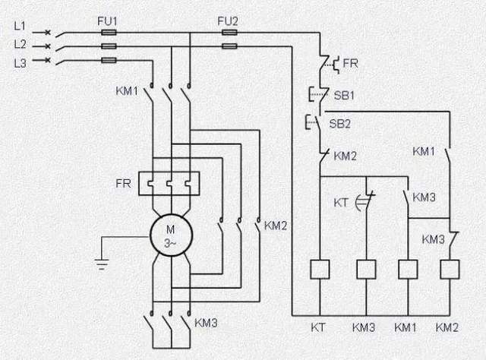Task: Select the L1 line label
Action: pos(21,26)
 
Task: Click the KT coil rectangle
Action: pos(320,268)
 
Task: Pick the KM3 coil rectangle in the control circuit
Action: pos(367,268)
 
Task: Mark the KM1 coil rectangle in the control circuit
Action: pos(409,268)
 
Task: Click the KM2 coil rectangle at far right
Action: pos(450,268)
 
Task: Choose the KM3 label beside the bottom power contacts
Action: pos(206,323)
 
